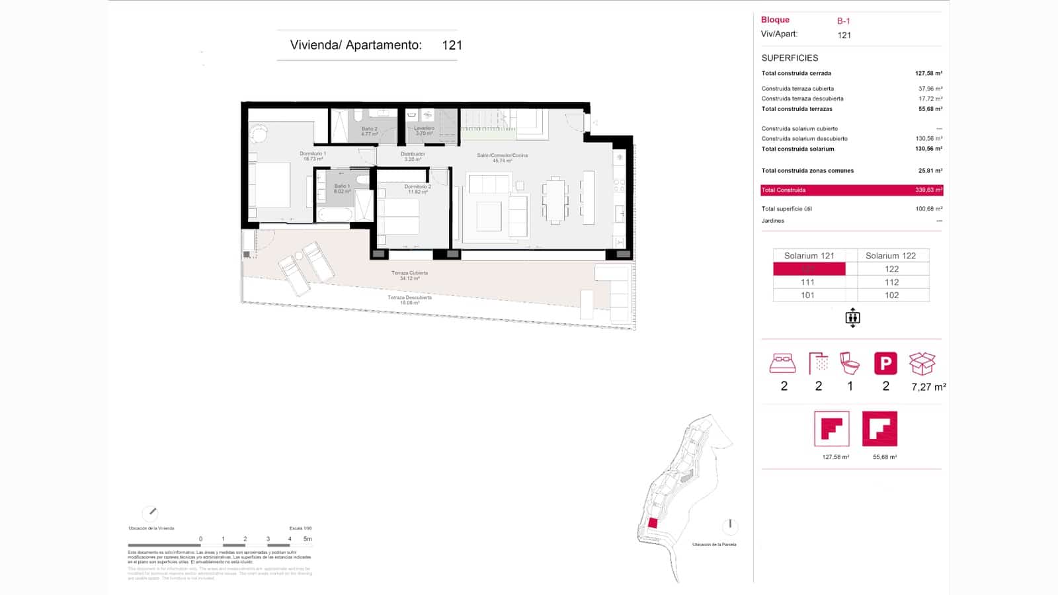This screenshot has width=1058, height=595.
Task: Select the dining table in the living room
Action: coord(555,200)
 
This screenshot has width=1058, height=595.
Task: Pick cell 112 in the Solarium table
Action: coord(891,282)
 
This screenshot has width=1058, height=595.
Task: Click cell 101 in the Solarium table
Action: coord(808,296)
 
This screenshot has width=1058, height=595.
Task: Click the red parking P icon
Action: coord(885,363)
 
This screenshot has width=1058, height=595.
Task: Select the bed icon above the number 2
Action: coord(783,363)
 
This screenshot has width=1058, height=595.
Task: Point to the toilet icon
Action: coord(850,363)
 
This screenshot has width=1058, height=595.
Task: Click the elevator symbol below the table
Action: coord(852,318)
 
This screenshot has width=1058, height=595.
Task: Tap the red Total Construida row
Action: coord(852,190)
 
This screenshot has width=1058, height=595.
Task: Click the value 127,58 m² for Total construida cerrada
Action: coord(928,73)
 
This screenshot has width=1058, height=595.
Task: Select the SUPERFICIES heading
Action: coord(790,58)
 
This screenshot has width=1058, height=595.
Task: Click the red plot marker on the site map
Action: coord(653,523)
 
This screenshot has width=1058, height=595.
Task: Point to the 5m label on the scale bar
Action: coord(307,539)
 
